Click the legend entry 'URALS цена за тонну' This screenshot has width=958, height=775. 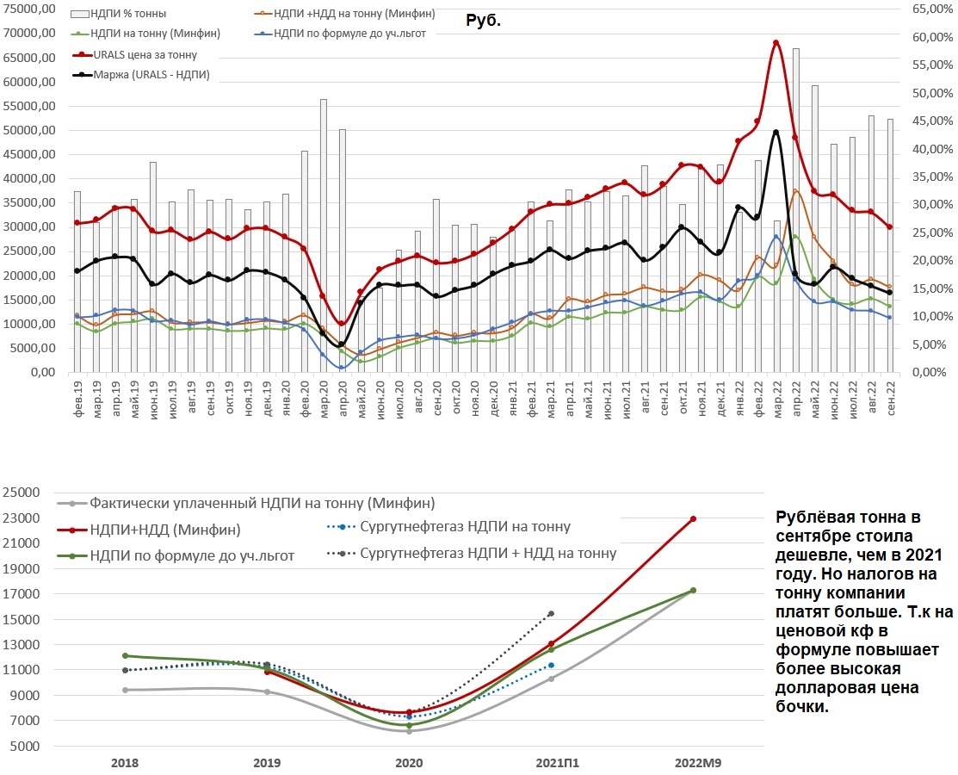(x=145, y=55)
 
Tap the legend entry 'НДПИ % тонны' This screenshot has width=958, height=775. (x=128, y=15)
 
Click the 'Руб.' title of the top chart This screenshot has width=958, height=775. (x=483, y=21)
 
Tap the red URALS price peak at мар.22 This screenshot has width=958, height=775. (x=776, y=42)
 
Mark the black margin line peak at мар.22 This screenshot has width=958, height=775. (x=776, y=132)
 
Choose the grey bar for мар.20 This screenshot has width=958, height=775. (x=323, y=232)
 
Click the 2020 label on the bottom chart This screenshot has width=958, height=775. (x=409, y=763)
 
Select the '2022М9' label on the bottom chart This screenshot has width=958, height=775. (x=693, y=763)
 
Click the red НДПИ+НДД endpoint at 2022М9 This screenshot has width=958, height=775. (x=693, y=518)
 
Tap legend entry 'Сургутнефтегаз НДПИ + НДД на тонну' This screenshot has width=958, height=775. (x=488, y=553)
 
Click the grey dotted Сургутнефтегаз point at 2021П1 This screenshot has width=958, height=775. (x=551, y=613)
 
